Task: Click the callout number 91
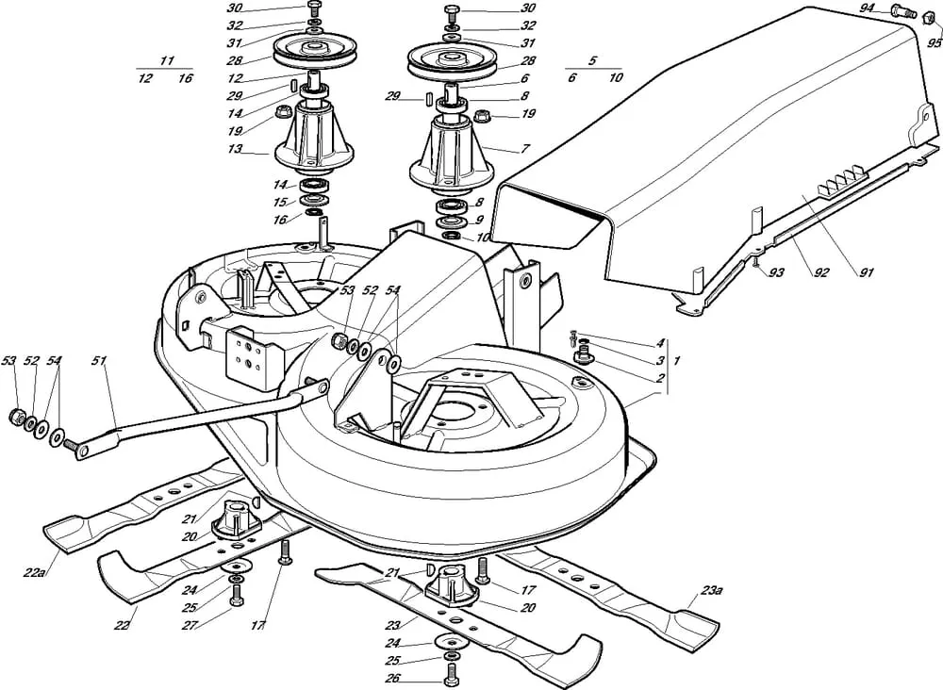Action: [x=867, y=273]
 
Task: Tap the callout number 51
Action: [x=100, y=360]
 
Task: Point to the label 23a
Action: [x=711, y=592]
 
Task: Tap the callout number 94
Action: [x=868, y=8]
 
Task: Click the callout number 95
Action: [x=934, y=43]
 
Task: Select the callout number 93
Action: [x=776, y=272]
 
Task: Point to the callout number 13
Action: [x=235, y=149]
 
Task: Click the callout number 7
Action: [x=526, y=149]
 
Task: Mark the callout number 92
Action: [x=820, y=273]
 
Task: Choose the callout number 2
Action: [x=661, y=378]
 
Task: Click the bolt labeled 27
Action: [x=235, y=593]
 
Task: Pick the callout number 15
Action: [x=279, y=202]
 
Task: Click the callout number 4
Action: [x=661, y=343]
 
